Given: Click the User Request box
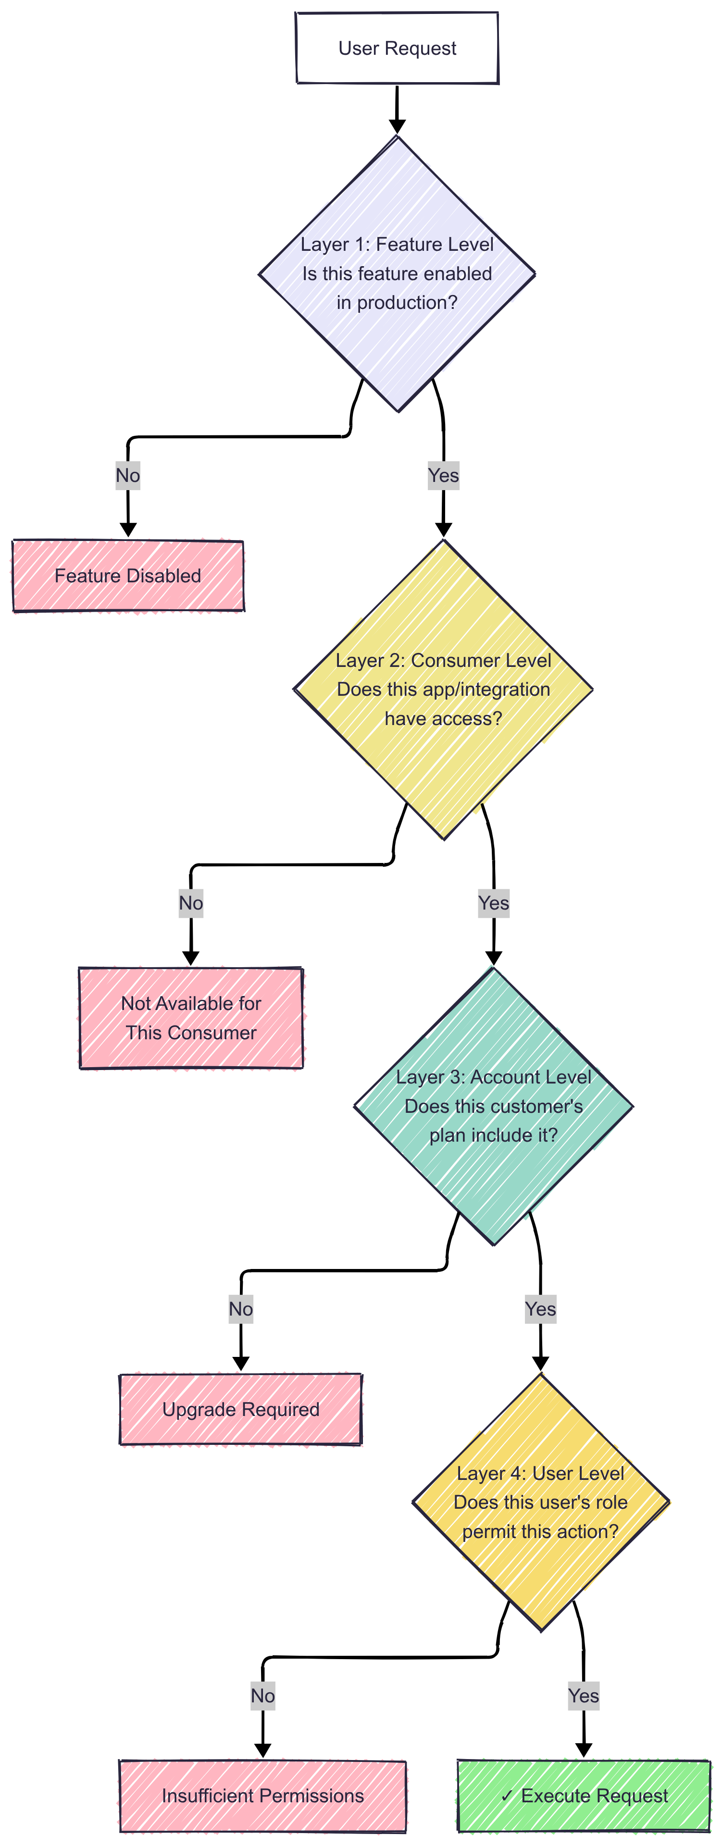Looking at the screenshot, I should pyautogui.click(x=397, y=48).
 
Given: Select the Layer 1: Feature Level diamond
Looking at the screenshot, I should pyautogui.click(x=397, y=273).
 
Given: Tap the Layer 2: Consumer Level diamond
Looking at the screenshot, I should pyautogui.click(x=443, y=689).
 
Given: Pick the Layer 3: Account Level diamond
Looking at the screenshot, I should pyautogui.click(x=494, y=1106).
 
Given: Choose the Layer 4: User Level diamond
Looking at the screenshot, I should pyautogui.click(x=540, y=1502).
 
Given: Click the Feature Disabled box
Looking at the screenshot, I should pyautogui.click(x=128, y=576).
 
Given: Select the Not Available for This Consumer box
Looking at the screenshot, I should pyautogui.click(x=191, y=1017).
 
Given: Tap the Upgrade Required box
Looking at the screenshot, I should pyautogui.click(x=240, y=1409).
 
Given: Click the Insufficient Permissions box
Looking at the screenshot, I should pyautogui.click(x=262, y=1796).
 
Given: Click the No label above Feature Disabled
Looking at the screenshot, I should pyautogui.click(x=128, y=475).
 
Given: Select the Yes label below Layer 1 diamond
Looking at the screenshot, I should pyautogui.click(x=443, y=475).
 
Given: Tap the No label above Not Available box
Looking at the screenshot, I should pyautogui.click(x=191, y=903).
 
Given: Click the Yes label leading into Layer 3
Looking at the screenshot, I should pyautogui.click(x=494, y=903).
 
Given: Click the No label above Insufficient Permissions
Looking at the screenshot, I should pyautogui.click(x=262, y=1696).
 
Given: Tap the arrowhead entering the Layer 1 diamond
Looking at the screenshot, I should pyautogui.click(x=397, y=126).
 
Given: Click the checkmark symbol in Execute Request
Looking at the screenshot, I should pyautogui.click(x=507, y=1796).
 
